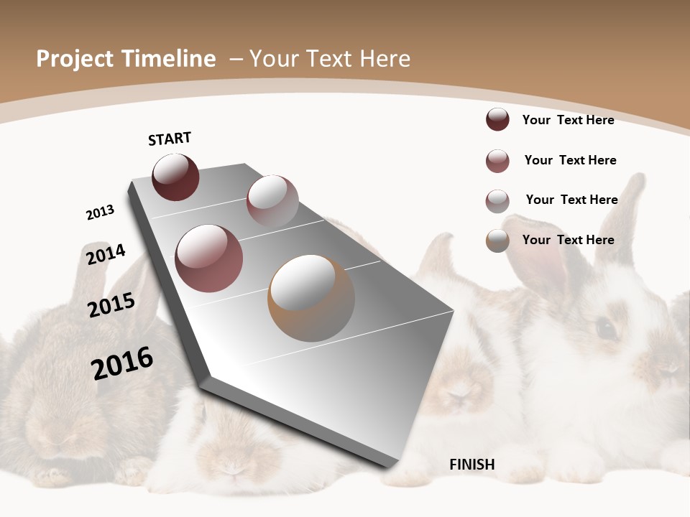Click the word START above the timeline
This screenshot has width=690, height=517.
(170, 139)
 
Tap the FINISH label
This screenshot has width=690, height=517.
(472, 465)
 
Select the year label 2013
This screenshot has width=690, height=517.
(100, 213)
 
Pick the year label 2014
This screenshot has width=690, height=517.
(106, 254)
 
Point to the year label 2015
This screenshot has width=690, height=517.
(111, 305)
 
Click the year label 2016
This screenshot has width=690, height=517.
(122, 363)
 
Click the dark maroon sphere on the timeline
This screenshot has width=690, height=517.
(175, 177)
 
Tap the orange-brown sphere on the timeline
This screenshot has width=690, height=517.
(311, 297)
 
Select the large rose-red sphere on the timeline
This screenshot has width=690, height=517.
(209, 258)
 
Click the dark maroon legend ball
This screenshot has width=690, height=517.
(497, 119)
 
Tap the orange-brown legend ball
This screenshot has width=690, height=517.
(497, 241)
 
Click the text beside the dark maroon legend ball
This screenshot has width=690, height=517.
(568, 120)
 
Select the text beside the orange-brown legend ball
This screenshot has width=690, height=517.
(568, 240)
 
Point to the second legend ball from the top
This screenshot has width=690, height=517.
(497, 161)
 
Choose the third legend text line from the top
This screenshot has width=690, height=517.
(571, 200)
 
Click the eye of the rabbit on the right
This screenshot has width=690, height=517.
(606, 329)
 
